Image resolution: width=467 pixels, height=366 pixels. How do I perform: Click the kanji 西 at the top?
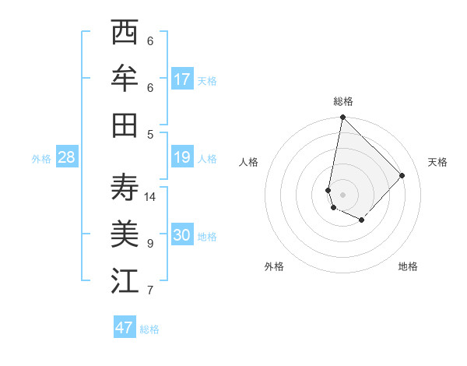(125, 33)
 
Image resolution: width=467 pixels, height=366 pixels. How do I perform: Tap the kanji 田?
(125, 125)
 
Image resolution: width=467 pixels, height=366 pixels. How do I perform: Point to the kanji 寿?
(125, 188)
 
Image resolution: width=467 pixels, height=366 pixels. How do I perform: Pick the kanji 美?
(125, 234)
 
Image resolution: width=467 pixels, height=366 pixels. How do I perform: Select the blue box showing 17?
(182, 79)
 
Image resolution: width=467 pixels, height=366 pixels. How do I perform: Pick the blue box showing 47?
(125, 328)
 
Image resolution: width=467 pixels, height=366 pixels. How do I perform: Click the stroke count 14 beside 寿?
(150, 197)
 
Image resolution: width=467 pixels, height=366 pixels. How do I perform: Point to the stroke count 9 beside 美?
(150, 244)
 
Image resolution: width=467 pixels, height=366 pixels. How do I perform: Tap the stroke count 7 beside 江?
(150, 290)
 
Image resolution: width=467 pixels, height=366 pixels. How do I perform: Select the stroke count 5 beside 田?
(150, 134)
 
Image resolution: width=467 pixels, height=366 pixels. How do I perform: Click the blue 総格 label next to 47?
(149, 329)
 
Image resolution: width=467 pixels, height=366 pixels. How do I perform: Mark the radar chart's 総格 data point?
(342, 118)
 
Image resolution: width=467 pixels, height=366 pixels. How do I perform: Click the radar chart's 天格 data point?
(402, 175)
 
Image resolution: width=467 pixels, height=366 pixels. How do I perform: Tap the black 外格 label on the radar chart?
(274, 266)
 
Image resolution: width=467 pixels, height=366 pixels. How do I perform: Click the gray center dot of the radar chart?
(342, 195)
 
